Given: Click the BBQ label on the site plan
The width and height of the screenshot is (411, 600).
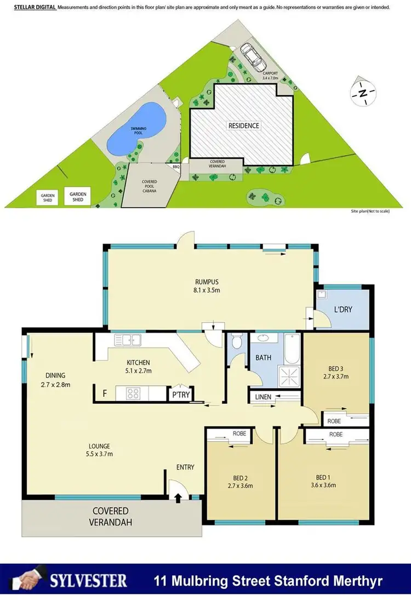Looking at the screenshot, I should [x=176, y=167].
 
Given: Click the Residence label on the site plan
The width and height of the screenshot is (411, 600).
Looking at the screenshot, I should [x=244, y=125].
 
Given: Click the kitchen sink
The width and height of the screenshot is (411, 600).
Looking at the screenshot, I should [x=127, y=340].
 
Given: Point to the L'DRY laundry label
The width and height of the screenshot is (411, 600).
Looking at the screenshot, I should [x=343, y=310].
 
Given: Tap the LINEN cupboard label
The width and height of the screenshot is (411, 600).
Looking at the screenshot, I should [x=261, y=396].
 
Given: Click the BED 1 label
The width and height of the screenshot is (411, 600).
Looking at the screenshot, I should [x=326, y=476].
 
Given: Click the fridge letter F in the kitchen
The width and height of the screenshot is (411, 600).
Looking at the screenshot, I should [x=104, y=392].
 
